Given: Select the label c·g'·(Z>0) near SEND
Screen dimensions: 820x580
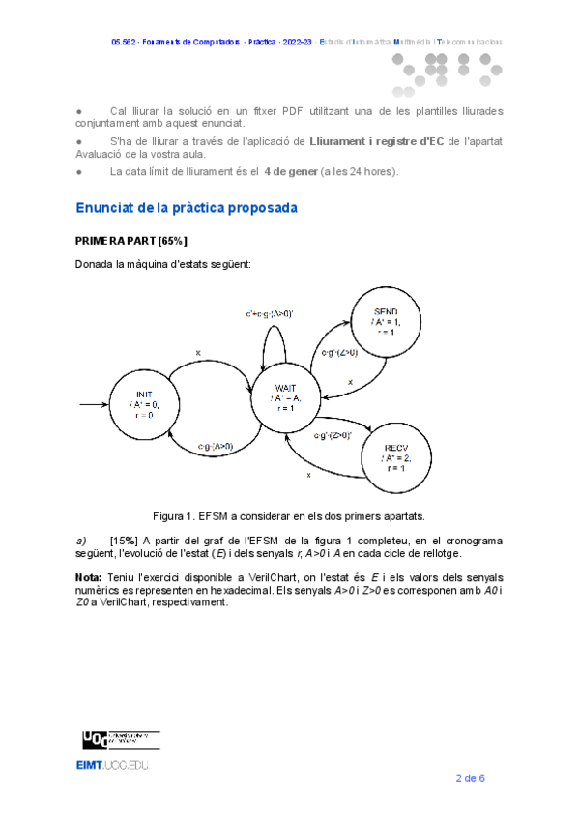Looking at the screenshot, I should point(340,353).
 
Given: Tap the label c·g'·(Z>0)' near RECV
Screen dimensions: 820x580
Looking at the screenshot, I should point(333,435).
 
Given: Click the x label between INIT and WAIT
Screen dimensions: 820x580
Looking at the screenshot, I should point(198,353).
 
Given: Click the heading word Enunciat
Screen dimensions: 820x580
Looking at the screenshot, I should point(106,208).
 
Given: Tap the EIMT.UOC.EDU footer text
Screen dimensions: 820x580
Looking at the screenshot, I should point(113,765).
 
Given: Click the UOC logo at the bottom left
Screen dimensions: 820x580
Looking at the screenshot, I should point(94,740).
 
